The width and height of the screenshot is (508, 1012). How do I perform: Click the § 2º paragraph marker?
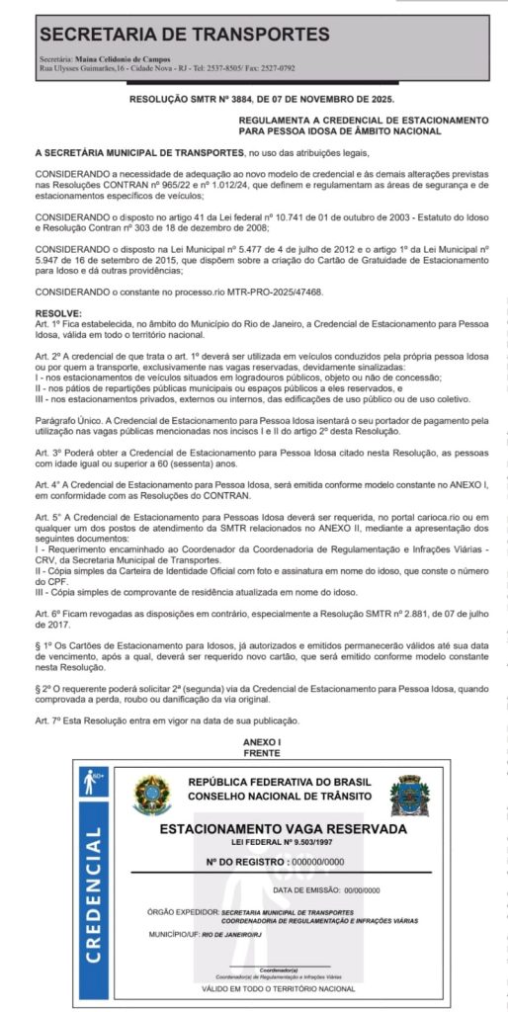(45, 686)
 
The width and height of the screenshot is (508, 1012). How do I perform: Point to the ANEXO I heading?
(262, 741)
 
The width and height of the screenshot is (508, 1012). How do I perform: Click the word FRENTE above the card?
(262, 752)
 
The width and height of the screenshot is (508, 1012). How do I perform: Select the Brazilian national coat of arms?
(152, 794)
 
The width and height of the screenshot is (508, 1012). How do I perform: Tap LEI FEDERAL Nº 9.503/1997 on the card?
(282, 844)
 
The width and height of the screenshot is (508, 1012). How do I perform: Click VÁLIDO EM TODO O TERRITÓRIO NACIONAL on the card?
(279, 988)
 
